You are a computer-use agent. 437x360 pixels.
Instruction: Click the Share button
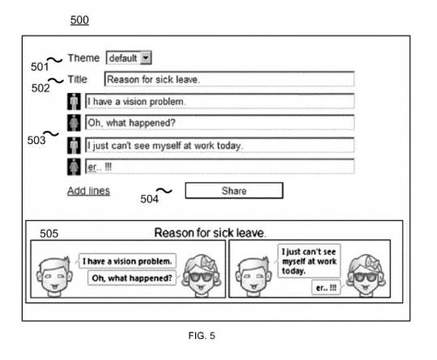[x=234, y=191]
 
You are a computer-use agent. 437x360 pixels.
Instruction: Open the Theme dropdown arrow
[x=146, y=58]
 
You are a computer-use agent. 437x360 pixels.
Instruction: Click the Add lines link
[x=89, y=191]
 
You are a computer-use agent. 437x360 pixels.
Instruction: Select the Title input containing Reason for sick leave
[x=229, y=79]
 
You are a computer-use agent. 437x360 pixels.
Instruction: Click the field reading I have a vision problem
[x=219, y=101]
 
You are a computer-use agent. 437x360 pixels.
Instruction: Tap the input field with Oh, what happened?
[x=219, y=123]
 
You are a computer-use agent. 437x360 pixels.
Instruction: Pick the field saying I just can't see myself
[x=219, y=145]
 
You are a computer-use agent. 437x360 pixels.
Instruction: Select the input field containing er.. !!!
[x=219, y=167]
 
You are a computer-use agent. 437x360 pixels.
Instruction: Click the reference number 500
[x=79, y=20]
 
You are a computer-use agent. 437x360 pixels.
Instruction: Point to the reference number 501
[x=40, y=67]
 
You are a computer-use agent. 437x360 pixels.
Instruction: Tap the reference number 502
[x=40, y=88]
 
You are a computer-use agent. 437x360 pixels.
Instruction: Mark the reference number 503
[x=36, y=140]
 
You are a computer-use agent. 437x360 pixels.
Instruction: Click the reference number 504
[x=150, y=199]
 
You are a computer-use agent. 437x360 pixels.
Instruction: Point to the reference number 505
[x=49, y=234]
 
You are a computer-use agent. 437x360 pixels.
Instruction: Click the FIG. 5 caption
[x=202, y=336]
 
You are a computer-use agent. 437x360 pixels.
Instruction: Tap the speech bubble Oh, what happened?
[x=132, y=278]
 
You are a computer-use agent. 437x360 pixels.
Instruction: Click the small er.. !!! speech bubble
[x=326, y=288]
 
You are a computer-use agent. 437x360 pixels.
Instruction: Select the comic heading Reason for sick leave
[x=210, y=233]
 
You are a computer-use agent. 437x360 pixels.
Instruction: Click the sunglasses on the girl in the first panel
[x=201, y=277]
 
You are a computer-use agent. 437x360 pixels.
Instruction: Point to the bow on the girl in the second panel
[x=372, y=263]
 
